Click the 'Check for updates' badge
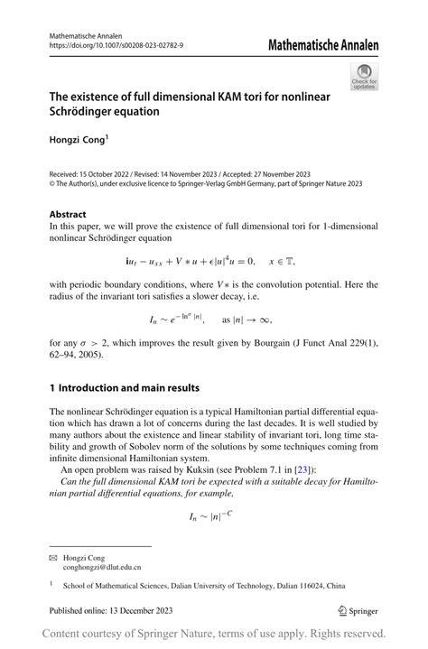tap(364, 78)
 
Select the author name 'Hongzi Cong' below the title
tap(80, 141)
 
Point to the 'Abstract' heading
tap(70, 215)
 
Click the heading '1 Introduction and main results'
tap(124, 388)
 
